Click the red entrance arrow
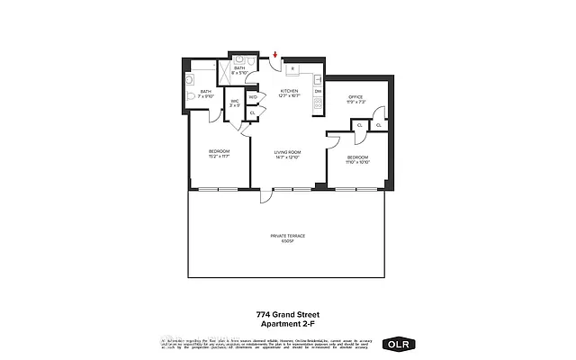point(275,57)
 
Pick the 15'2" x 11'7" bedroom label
point(220,152)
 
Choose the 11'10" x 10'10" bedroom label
point(358,160)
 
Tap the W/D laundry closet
point(253,96)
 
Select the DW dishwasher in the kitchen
point(318,92)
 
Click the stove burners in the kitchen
point(318,107)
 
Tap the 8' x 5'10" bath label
point(239,70)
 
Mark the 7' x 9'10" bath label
point(206,94)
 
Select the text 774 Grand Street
point(288,315)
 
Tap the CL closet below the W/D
point(252,112)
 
